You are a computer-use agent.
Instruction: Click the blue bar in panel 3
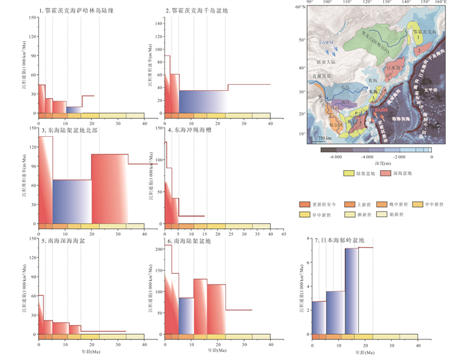(72, 200)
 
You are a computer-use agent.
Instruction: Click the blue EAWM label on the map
(326, 43)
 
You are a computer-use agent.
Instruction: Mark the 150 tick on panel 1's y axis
(31, 17)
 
